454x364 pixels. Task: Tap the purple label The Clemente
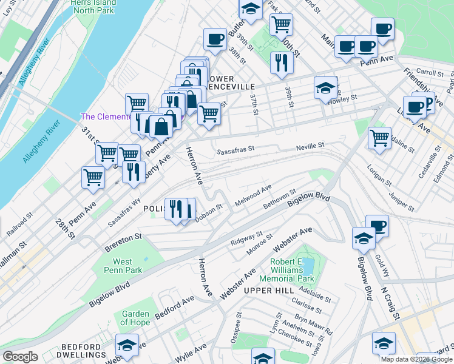coord(106,116)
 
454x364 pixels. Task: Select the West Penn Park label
coord(123,266)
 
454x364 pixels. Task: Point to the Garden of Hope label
coord(135,318)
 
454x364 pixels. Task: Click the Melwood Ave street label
coord(254,196)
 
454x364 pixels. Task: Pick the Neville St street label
coord(310,146)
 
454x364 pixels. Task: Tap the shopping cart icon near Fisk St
coord(281,24)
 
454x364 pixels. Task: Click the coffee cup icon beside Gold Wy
coord(377,226)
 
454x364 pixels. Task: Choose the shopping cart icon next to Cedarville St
coord(379,137)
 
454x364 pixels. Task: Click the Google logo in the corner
coord(19,357)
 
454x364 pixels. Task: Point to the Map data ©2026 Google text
coord(416,359)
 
